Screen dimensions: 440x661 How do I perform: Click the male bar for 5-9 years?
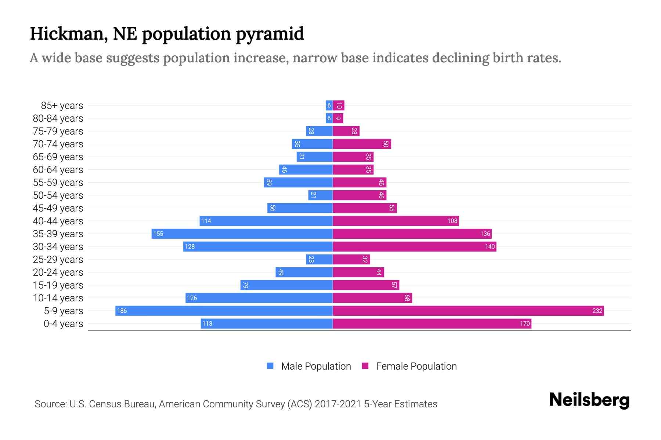[224, 311]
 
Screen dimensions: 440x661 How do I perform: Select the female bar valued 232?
[468, 311]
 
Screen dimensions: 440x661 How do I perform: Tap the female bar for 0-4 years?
[432, 323]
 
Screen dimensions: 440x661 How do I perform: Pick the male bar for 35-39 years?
[242, 234]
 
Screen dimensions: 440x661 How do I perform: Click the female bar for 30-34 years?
[414, 246]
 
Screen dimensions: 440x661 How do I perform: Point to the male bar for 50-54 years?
[321, 195]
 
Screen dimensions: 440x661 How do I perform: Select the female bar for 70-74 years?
[362, 144]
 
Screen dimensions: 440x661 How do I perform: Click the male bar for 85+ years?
[329, 106]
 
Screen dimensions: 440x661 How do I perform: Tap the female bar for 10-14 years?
[372, 298]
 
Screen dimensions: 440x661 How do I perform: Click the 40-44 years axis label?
[58, 221]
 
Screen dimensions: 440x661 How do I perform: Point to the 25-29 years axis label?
[58, 260]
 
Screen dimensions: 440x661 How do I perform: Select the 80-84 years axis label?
[58, 118]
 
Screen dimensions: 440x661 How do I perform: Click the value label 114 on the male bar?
[206, 221]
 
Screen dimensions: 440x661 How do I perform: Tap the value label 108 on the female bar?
[452, 221]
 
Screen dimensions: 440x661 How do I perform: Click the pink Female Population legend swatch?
[365, 366]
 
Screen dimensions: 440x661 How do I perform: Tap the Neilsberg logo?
[589, 400]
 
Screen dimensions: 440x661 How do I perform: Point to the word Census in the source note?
[106, 404]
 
